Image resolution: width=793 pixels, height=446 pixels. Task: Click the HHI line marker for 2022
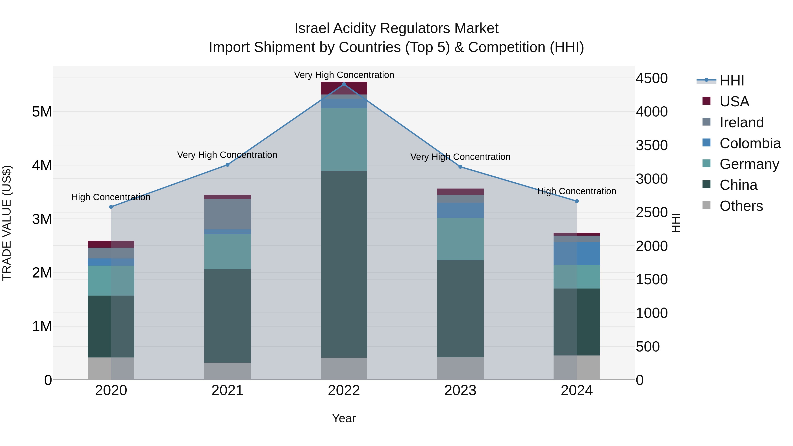(x=344, y=84)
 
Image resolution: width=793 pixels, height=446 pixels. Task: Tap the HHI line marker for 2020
(x=111, y=207)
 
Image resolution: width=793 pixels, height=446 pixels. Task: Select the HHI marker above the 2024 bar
(x=577, y=201)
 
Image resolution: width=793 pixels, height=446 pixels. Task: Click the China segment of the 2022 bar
(x=344, y=264)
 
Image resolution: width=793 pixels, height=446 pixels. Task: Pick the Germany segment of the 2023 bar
(x=460, y=239)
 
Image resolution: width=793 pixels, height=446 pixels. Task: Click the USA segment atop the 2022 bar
(x=344, y=88)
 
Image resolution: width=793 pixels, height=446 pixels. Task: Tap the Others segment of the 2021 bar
(x=228, y=371)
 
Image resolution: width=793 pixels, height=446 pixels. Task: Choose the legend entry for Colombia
(x=750, y=143)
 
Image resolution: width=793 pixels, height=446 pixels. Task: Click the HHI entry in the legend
(x=731, y=81)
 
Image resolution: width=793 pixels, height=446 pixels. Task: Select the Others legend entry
(x=741, y=206)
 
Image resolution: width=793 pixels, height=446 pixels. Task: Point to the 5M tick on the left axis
(x=42, y=112)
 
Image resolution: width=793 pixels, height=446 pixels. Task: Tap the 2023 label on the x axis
(x=460, y=390)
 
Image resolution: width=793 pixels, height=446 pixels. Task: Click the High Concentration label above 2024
(x=577, y=191)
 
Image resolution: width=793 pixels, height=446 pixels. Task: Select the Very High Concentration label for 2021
(x=227, y=155)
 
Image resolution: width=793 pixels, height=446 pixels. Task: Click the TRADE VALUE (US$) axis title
(x=7, y=223)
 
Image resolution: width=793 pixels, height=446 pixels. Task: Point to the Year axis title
(x=344, y=418)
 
